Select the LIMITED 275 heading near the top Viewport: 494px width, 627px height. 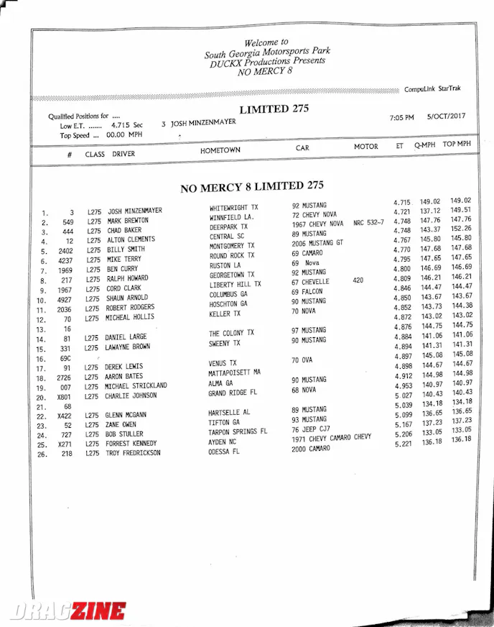[274, 109]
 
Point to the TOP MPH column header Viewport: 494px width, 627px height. [457, 144]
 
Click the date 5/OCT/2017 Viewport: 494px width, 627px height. [446, 116]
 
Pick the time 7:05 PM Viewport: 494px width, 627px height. [401, 118]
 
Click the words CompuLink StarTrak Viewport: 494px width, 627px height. [432, 89]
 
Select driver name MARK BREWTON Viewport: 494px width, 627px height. [128, 221]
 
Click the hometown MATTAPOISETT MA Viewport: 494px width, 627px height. [234, 372]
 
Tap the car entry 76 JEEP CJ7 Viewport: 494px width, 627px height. [310, 429]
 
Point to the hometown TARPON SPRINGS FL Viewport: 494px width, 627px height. [238, 431]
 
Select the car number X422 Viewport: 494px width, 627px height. [65, 416]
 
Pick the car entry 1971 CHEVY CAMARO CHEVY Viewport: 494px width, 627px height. [331, 438]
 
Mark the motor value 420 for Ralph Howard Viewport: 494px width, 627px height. [358, 280]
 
